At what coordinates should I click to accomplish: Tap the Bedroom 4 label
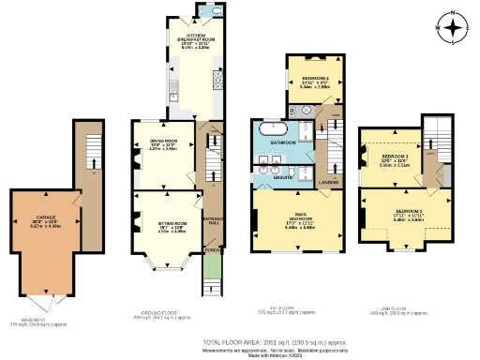pyautogui.click(x=307, y=80)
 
